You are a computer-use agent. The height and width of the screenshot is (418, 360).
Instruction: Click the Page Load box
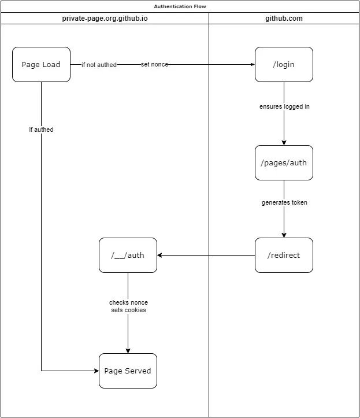(41, 65)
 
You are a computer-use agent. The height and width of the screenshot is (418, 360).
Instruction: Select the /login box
(284, 65)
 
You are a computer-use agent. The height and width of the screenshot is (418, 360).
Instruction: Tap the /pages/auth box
(284, 162)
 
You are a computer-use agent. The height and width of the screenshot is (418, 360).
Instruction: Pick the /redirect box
(284, 255)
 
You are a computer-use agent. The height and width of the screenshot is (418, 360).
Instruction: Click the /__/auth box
(128, 255)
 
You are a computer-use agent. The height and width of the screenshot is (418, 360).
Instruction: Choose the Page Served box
(128, 371)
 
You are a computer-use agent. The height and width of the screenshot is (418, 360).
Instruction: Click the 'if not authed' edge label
(99, 65)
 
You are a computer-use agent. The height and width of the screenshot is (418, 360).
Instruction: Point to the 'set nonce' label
(154, 65)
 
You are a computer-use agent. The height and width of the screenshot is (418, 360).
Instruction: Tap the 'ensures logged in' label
(284, 106)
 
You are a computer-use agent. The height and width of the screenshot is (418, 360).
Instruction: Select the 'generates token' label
(284, 202)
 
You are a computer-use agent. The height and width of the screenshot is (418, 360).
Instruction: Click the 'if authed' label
(41, 130)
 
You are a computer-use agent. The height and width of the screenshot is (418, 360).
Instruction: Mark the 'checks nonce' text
(128, 302)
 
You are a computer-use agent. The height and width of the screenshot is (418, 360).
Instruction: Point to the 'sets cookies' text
(128, 310)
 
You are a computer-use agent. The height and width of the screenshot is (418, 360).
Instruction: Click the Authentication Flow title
(180, 6)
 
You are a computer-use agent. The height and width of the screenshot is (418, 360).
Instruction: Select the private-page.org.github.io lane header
(105, 19)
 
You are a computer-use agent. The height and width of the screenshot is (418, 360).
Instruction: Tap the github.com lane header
(284, 19)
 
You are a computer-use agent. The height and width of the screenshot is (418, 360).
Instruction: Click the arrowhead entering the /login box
(253, 65)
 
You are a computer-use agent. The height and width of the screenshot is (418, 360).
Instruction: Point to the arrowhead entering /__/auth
(159, 255)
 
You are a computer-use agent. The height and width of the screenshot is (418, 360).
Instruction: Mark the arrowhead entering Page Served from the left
(97, 371)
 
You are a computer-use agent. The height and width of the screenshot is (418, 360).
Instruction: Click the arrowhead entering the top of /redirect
(284, 235)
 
